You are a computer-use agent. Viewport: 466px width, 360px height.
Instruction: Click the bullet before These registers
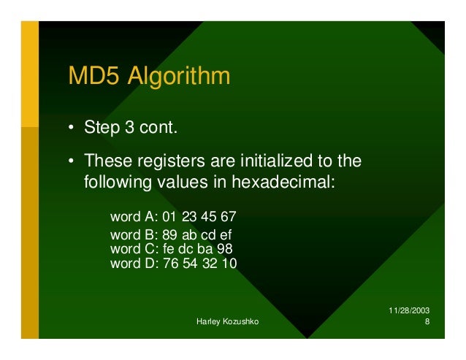[72, 160]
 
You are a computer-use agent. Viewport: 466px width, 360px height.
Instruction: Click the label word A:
[128, 218]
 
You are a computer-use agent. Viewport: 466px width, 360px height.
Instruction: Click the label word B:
[128, 236]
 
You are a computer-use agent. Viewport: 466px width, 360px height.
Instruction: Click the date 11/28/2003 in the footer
[410, 310]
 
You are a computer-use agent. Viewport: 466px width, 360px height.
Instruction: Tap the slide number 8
[427, 322]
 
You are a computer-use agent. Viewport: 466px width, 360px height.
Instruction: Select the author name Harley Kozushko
[228, 322]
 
